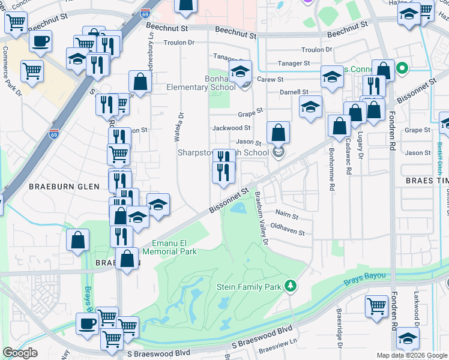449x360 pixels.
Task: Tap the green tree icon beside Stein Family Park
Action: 291,286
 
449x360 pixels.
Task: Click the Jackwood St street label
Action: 231,128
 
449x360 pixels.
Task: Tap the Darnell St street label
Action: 294,92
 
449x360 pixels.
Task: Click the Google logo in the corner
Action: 20,352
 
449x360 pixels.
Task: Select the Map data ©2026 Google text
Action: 411,355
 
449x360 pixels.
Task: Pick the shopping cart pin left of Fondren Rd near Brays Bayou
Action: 376,307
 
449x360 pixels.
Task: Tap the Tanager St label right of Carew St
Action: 293,63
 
